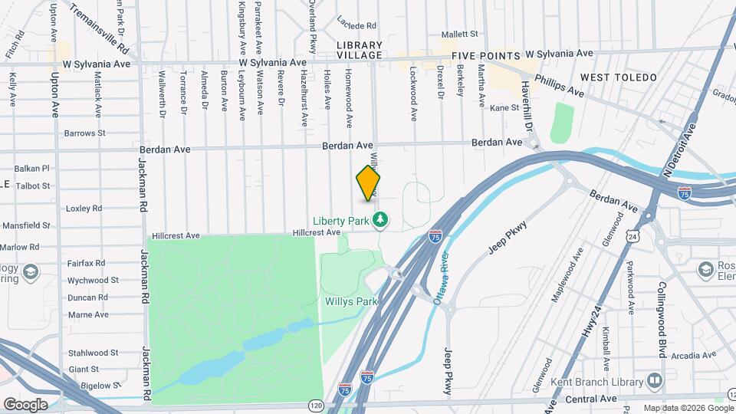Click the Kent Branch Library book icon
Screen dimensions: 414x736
(654, 379)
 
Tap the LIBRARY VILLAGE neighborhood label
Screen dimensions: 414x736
(359, 51)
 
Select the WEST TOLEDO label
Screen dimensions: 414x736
(619, 77)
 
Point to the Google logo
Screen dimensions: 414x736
(25, 404)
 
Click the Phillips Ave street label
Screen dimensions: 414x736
(559, 84)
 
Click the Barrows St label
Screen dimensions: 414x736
(84, 133)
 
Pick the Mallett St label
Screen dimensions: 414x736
(459, 34)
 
